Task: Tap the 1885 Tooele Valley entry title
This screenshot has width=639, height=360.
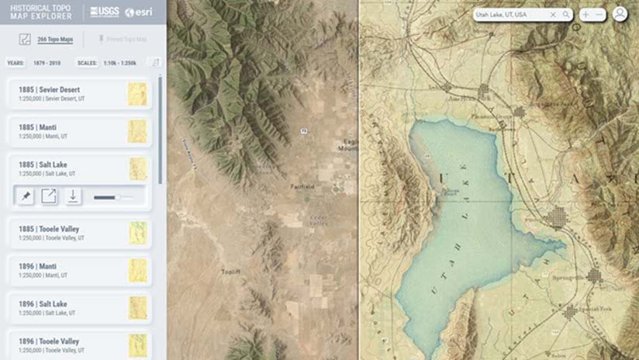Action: click(49, 229)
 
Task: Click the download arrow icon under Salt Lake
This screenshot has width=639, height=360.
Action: click(73, 197)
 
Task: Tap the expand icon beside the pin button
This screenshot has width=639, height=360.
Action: click(50, 197)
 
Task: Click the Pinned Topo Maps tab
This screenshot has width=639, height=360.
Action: click(122, 38)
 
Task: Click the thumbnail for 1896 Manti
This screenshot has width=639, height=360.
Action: click(137, 270)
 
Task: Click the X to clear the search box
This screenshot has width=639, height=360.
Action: click(553, 15)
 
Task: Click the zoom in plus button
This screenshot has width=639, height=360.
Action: click(585, 15)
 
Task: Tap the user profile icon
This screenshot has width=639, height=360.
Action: click(620, 15)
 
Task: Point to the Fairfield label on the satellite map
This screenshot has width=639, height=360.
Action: click(302, 187)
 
